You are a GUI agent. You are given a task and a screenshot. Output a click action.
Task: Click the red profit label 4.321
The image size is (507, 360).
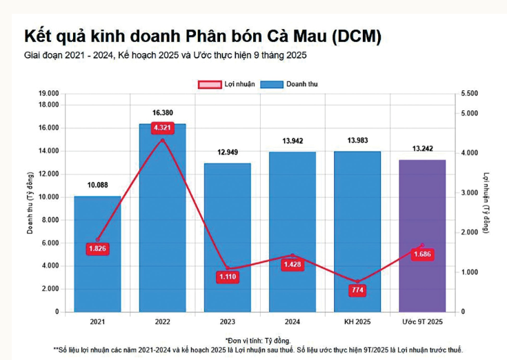(163, 128)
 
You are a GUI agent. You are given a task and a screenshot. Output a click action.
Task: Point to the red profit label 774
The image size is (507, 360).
(357, 290)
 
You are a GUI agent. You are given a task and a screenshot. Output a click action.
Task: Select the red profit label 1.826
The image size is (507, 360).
(98, 248)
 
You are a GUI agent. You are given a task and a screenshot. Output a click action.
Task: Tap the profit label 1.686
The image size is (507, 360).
(422, 254)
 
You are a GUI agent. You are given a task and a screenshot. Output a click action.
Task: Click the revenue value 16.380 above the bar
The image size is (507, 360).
(163, 113)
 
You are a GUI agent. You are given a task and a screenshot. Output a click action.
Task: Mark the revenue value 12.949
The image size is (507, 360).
(227, 152)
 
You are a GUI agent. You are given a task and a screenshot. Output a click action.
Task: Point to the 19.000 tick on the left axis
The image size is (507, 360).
(48, 93)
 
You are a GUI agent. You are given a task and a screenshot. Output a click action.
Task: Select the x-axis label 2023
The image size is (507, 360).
(227, 322)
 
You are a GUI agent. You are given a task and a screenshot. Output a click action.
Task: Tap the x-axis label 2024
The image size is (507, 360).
(292, 322)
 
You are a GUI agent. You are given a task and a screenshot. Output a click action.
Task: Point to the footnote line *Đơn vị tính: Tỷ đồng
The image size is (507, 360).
(258, 340)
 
